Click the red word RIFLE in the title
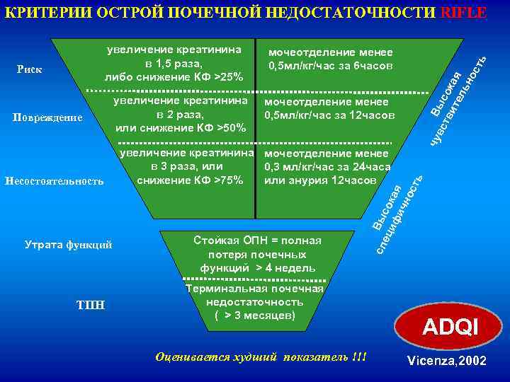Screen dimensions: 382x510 tap(464, 12)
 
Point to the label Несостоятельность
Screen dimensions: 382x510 tap(54, 181)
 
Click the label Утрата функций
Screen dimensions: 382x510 tap(68, 245)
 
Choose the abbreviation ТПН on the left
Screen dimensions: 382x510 tap(89, 305)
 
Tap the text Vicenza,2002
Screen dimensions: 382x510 tap(447, 361)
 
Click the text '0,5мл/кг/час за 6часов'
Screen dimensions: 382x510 tap(330, 66)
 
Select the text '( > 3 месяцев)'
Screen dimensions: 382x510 tap(254, 315)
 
